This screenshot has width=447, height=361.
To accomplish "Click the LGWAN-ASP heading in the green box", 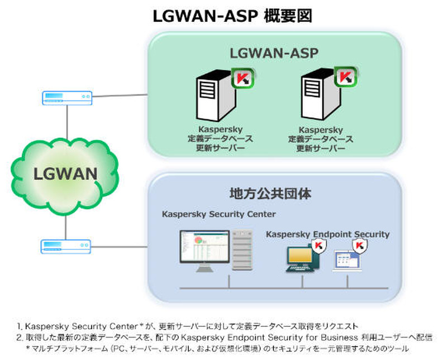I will point(274,54).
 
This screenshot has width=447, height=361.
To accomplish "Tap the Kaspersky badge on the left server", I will point(242,78).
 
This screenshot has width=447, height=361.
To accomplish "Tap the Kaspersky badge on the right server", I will point(346,78).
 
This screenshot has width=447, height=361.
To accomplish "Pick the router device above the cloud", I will point(67,98).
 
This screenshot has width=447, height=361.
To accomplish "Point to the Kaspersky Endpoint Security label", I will point(327,234).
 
